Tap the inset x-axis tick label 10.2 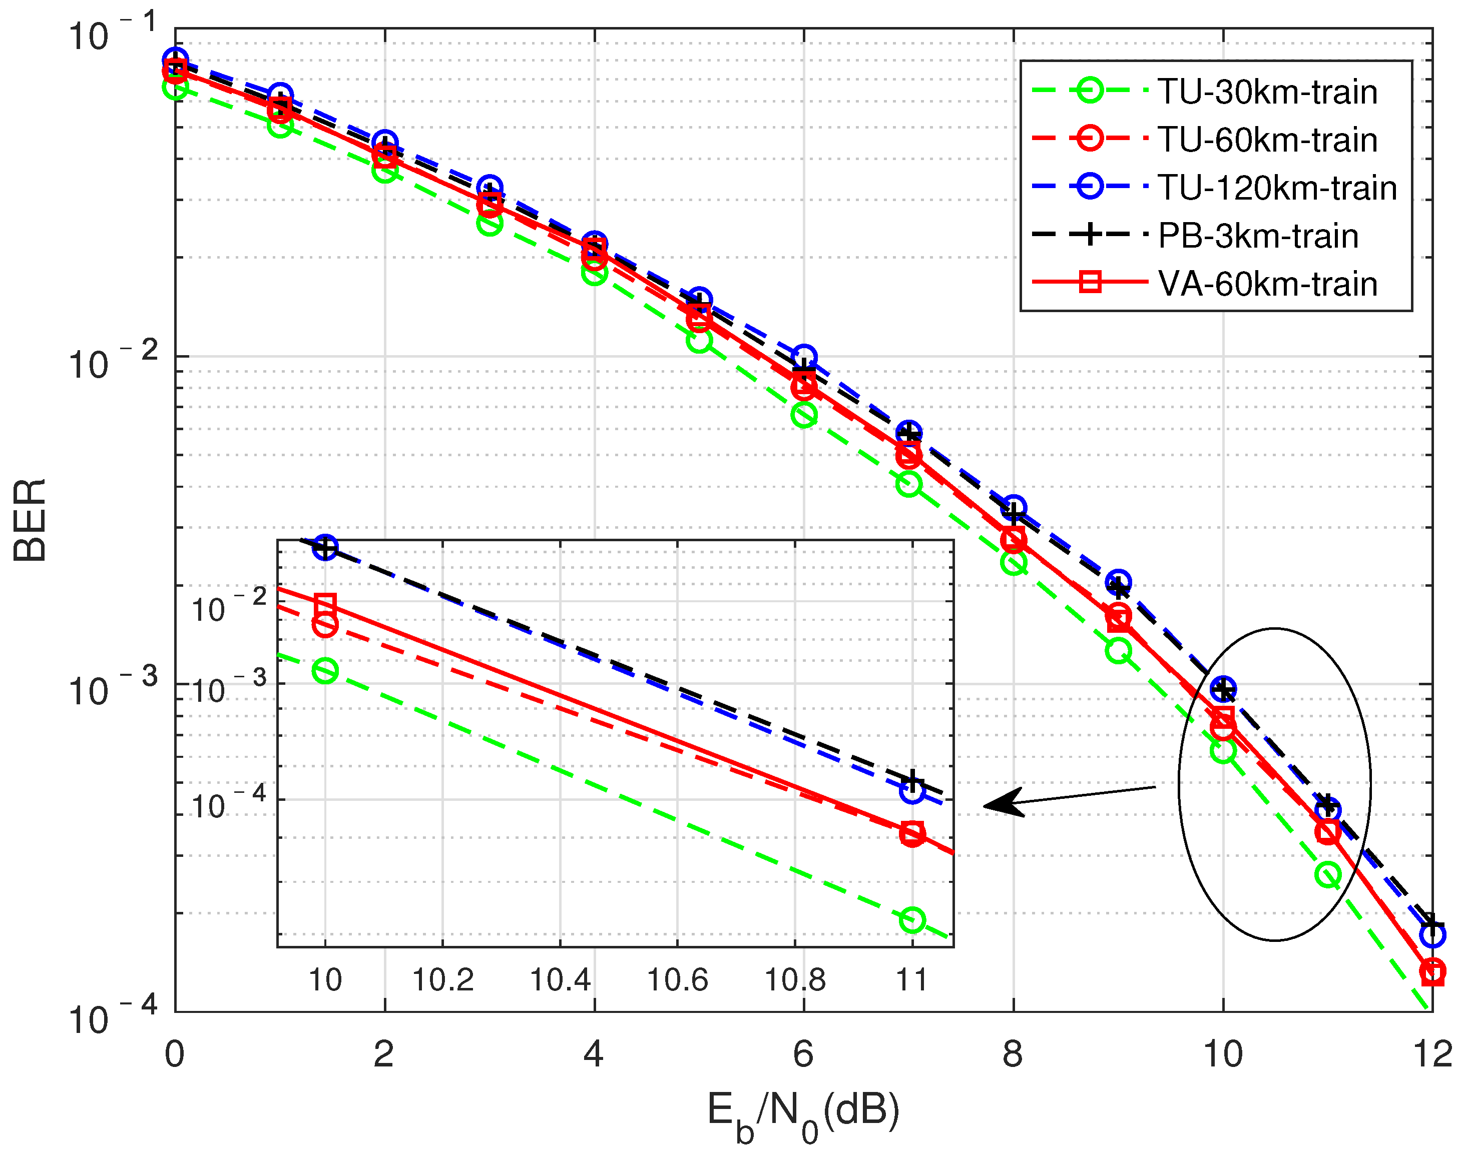point(442,980)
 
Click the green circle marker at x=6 point(803,414)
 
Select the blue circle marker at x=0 point(175,60)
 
